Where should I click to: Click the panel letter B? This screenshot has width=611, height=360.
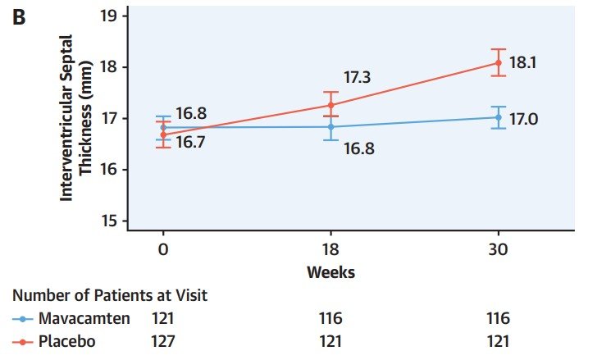pyautogui.click(x=19, y=17)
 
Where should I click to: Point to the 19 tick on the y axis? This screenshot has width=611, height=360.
pyautogui.click(x=125, y=16)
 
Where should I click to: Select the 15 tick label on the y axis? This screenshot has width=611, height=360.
pyautogui.click(x=109, y=221)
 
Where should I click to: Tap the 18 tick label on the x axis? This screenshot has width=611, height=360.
pyautogui.click(x=331, y=249)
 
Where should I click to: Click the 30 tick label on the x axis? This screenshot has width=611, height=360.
pyautogui.click(x=498, y=249)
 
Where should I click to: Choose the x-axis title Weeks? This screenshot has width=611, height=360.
pyautogui.click(x=331, y=272)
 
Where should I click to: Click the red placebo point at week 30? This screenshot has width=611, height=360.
pyautogui.click(x=499, y=62)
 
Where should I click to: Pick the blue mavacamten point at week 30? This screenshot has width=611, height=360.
pyautogui.click(x=499, y=117)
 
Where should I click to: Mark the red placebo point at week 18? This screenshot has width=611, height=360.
pyautogui.click(x=331, y=105)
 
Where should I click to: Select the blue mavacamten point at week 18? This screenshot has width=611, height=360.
pyautogui.click(x=331, y=126)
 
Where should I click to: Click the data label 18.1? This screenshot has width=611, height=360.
pyautogui.click(x=523, y=62)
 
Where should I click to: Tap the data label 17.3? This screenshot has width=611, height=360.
pyautogui.click(x=357, y=77)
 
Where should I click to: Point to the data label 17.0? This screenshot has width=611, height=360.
pyautogui.click(x=524, y=119)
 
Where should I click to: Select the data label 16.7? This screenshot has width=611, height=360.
pyautogui.click(x=190, y=142)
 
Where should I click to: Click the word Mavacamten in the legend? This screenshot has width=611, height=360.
pyautogui.click(x=84, y=318)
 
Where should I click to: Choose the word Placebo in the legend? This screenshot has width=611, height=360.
pyautogui.click(x=67, y=341)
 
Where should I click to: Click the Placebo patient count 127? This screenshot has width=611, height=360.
pyautogui.click(x=163, y=341)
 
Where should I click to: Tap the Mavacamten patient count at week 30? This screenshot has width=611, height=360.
pyautogui.click(x=498, y=318)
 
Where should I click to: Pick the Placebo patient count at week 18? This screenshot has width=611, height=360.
pyautogui.click(x=331, y=341)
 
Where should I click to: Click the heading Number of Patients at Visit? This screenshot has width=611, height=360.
pyautogui.click(x=110, y=295)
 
